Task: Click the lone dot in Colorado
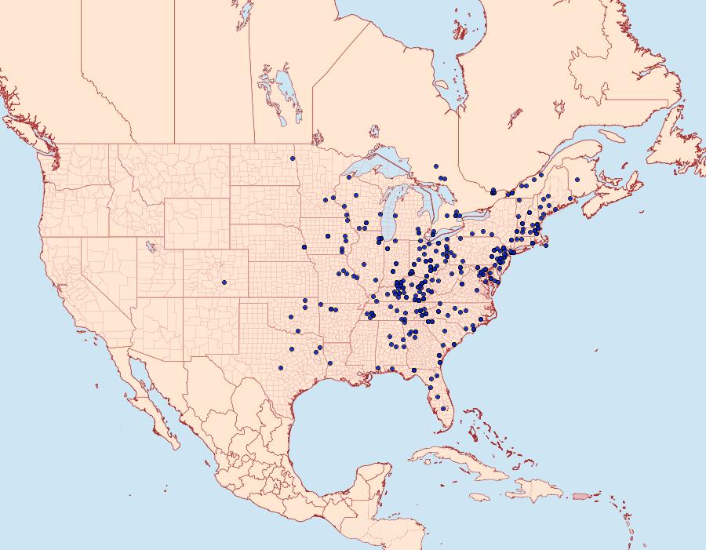click(x=224, y=282)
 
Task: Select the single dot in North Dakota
click(x=293, y=158)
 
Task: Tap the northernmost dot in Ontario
click(x=435, y=166)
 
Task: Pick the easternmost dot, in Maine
click(x=577, y=180)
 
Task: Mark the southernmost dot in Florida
click(x=445, y=408)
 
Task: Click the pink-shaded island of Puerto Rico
click(x=580, y=495)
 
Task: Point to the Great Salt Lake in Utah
click(x=147, y=245)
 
